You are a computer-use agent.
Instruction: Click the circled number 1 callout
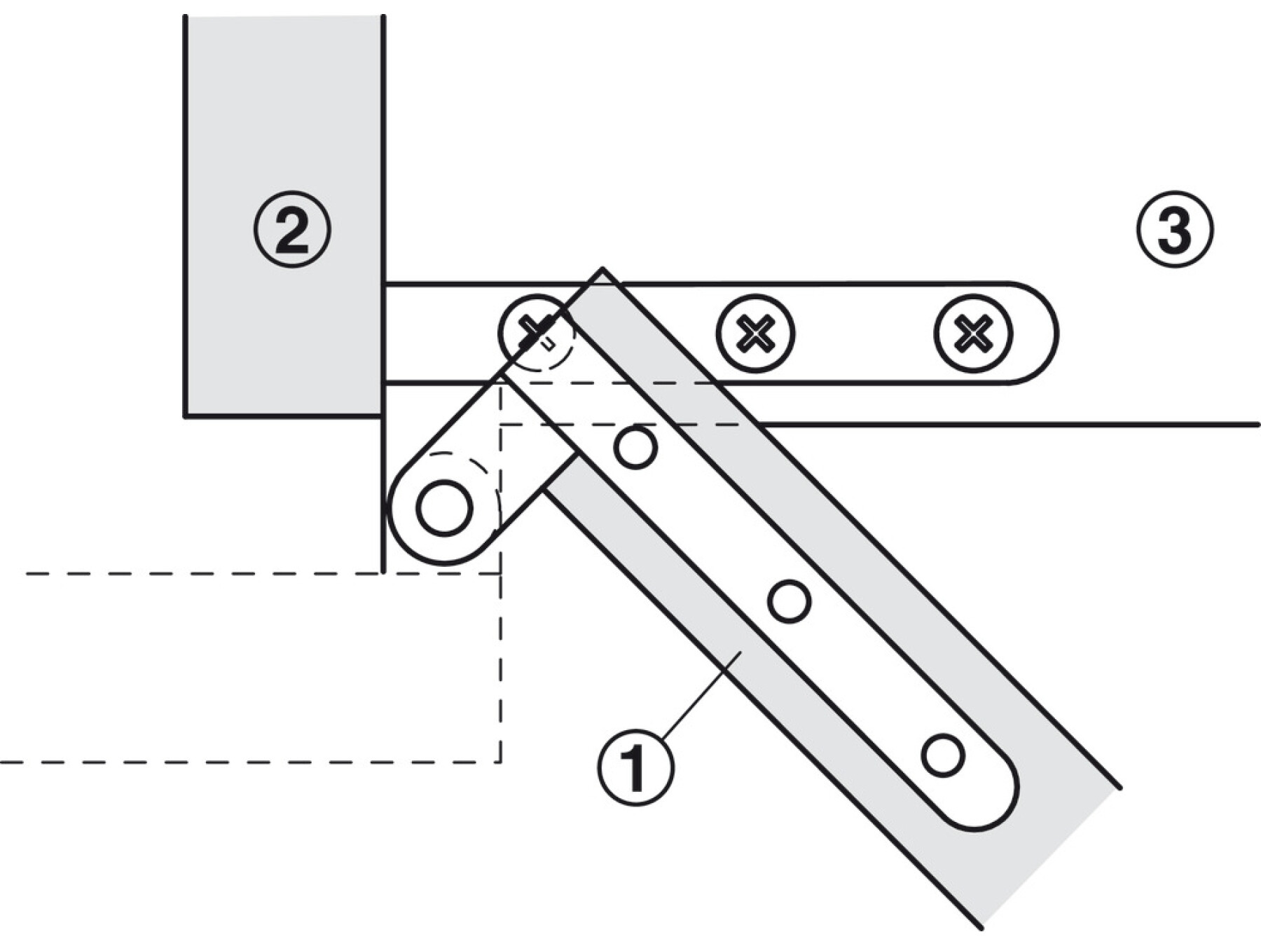pos(635,767)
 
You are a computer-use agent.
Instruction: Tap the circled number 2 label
pos(291,229)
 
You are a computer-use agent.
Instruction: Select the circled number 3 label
pos(1174,229)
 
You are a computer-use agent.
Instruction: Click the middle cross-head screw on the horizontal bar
pos(755,333)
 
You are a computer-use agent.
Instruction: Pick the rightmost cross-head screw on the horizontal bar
pos(972,333)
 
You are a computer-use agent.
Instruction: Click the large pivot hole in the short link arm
pos(443,508)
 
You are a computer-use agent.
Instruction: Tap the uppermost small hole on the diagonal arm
pos(635,448)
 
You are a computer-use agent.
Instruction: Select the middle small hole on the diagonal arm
pos(790,601)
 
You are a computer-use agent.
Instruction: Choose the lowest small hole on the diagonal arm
pos(943,755)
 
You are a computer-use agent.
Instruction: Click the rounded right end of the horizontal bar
pos(1047,334)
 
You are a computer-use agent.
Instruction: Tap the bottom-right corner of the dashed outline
pos(500,761)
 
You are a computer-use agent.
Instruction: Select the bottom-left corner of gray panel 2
pos(186,416)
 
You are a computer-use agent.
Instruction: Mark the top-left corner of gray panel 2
pos(186,17)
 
